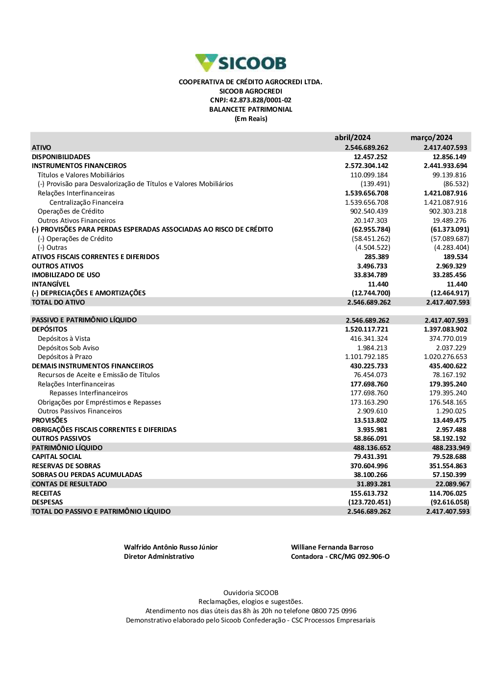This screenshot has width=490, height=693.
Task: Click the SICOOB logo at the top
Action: point(241,63)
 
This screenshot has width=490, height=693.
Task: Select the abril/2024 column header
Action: point(352,138)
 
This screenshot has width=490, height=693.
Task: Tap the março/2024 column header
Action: point(431,138)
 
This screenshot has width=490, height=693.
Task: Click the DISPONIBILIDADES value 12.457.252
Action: point(370,157)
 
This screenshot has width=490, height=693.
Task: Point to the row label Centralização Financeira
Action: point(86,202)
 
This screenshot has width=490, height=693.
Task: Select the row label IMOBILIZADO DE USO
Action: point(66,275)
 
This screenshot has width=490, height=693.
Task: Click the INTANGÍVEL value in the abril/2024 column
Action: point(378,284)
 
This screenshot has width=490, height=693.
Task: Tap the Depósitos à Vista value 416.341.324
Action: point(368,338)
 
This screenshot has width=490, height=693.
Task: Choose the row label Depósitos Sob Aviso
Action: point(68,348)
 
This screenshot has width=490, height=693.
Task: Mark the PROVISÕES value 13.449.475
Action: point(449,420)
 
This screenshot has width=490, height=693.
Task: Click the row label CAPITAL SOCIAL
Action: point(56,456)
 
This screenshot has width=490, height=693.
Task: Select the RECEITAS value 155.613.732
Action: point(368,493)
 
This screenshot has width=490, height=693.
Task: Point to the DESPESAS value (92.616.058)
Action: point(449,502)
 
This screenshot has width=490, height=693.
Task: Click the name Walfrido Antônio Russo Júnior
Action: point(171,547)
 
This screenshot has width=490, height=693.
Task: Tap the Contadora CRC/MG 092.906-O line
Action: point(340,556)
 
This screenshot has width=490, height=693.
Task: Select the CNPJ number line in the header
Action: point(250,100)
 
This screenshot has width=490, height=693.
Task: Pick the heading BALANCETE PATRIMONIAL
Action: point(250,109)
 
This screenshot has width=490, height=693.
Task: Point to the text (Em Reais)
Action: point(250,119)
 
